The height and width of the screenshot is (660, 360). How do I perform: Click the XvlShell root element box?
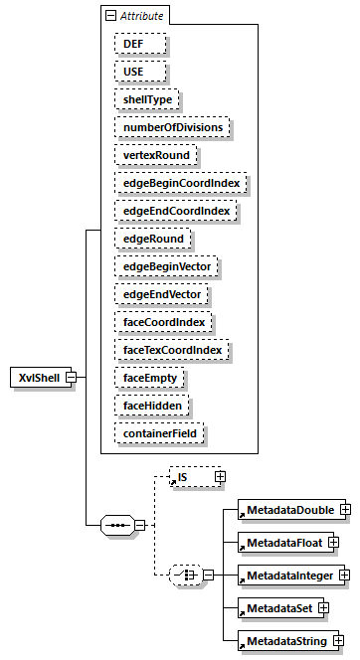[37, 378]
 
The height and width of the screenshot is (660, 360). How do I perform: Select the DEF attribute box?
[131, 45]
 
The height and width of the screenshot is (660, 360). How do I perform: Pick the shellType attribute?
[144, 100]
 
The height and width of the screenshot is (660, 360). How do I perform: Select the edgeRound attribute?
[151, 239]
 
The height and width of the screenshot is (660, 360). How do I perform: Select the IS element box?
[191, 478]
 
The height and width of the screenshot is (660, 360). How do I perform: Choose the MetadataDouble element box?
[288, 510]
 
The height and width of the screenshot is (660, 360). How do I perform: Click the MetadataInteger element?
[288, 576]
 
